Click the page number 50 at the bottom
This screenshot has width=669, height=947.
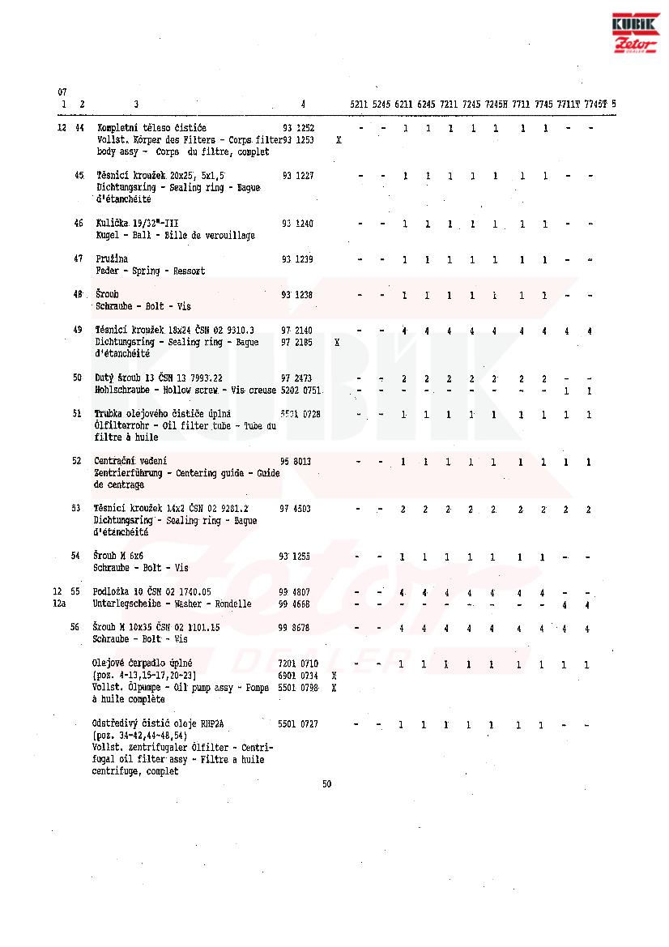pyautogui.click(x=326, y=783)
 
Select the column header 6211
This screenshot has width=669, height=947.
pyautogui.click(x=404, y=104)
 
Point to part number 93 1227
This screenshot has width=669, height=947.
pyautogui.click(x=297, y=176)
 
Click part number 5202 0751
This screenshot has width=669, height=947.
pyautogui.click(x=300, y=390)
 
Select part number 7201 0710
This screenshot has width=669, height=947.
pyautogui.click(x=298, y=663)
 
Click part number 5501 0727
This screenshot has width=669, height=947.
pyautogui.click(x=298, y=723)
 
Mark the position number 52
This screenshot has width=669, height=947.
pyautogui.click(x=76, y=461)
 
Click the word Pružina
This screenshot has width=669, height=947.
pyautogui.click(x=111, y=259)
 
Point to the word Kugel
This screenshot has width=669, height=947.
pyautogui.click(x=106, y=236)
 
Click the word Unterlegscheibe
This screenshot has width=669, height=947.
pyautogui.click(x=127, y=604)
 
